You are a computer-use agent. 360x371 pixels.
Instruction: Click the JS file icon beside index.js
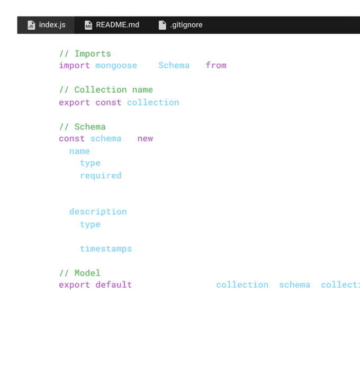tap(31, 25)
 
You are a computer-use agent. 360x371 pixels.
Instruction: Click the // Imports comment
tap(85, 54)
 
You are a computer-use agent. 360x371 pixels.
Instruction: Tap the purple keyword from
tap(216, 65)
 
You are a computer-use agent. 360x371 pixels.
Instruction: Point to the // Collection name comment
tap(106, 90)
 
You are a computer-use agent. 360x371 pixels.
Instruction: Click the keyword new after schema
tap(145, 138)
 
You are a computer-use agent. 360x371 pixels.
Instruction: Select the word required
tap(101, 175)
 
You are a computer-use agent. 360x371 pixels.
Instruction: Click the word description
tap(98, 211)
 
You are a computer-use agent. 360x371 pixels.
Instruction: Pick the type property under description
tap(90, 224)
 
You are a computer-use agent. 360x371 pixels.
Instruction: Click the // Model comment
tap(79, 273)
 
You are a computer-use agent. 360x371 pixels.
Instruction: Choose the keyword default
tap(114, 285)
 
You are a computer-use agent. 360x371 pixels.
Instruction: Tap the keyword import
tap(74, 65)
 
